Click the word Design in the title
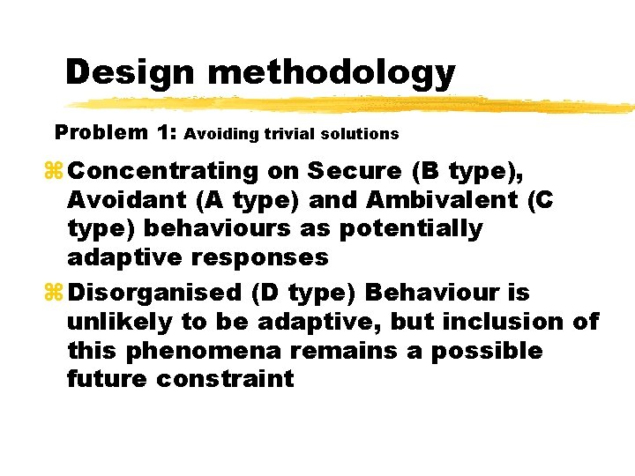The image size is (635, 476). [x=131, y=72]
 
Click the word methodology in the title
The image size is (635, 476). [x=332, y=72]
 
